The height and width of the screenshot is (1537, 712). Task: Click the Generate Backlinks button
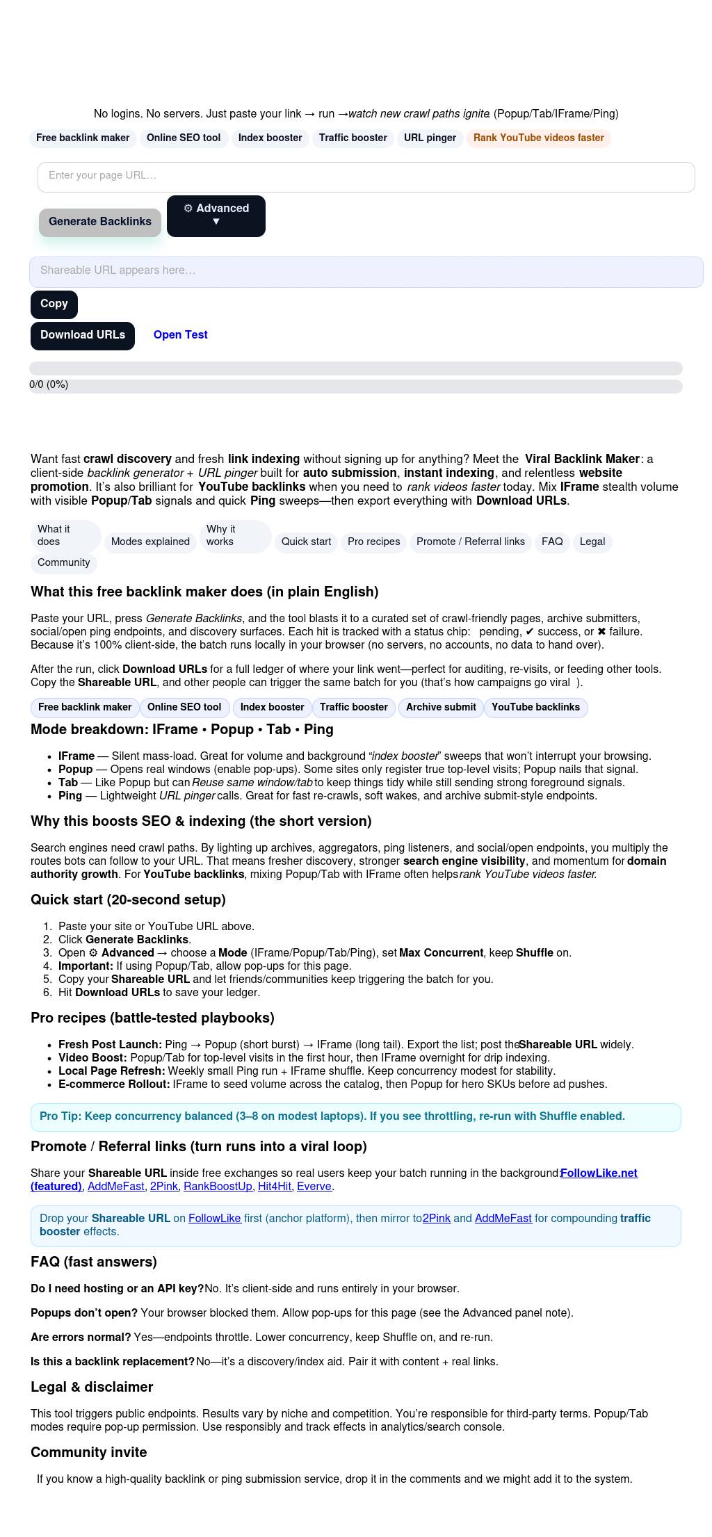(x=100, y=222)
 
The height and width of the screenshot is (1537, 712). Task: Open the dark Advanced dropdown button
(x=216, y=215)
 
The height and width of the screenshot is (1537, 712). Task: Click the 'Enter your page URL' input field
(x=366, y=177)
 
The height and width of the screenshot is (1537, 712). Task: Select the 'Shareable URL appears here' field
(x=366, y=271)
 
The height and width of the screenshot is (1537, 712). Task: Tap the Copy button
(x=54, y=304)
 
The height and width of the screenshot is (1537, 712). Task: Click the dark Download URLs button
(x=83, y=335)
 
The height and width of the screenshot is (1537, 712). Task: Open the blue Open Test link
(x=180, y=335)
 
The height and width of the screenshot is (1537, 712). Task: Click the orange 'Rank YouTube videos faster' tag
(x=538, y=138)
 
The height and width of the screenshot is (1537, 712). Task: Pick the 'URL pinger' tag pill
(x=430, y=138)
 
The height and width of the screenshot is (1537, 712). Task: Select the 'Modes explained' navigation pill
(x=150, y=542)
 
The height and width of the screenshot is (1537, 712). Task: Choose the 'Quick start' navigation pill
(x=306, y=542)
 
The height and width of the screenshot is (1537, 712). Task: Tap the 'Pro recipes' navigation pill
(x=373, y=542)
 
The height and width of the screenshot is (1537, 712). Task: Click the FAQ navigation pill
(x=552, y=542)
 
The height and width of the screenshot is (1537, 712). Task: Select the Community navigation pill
(x=64, y=562)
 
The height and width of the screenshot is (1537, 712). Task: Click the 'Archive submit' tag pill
(x=441, y=707)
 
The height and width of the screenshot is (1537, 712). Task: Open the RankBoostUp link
(x=218, y=1186)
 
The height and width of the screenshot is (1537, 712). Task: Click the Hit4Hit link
(x=274, y=1186)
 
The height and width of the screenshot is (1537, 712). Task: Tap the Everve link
(x=314, y=1186)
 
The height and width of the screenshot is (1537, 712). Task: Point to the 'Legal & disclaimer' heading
(x=92, y=1387)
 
